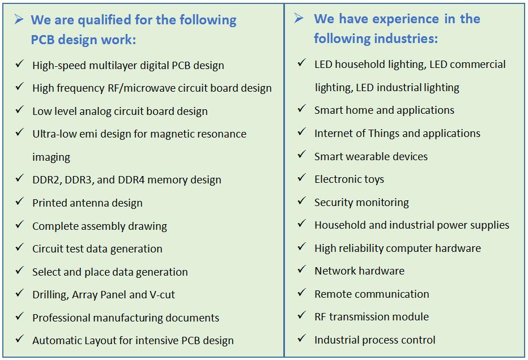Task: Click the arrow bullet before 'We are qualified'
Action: (19, 19)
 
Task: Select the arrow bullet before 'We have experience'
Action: (299, 18)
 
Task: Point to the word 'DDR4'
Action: (131, 179)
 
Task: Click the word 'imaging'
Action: (51, 157)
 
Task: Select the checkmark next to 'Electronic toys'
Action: (302, 177)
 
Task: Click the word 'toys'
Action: (374, 179)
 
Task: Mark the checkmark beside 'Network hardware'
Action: (302, 269)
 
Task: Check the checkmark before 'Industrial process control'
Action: (302, 338)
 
